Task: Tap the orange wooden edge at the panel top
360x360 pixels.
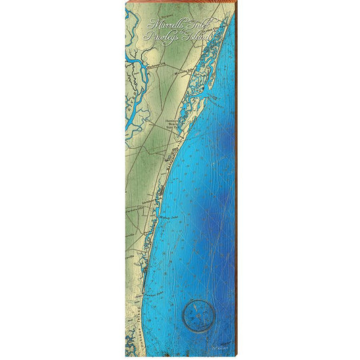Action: (x=180, y=3)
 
